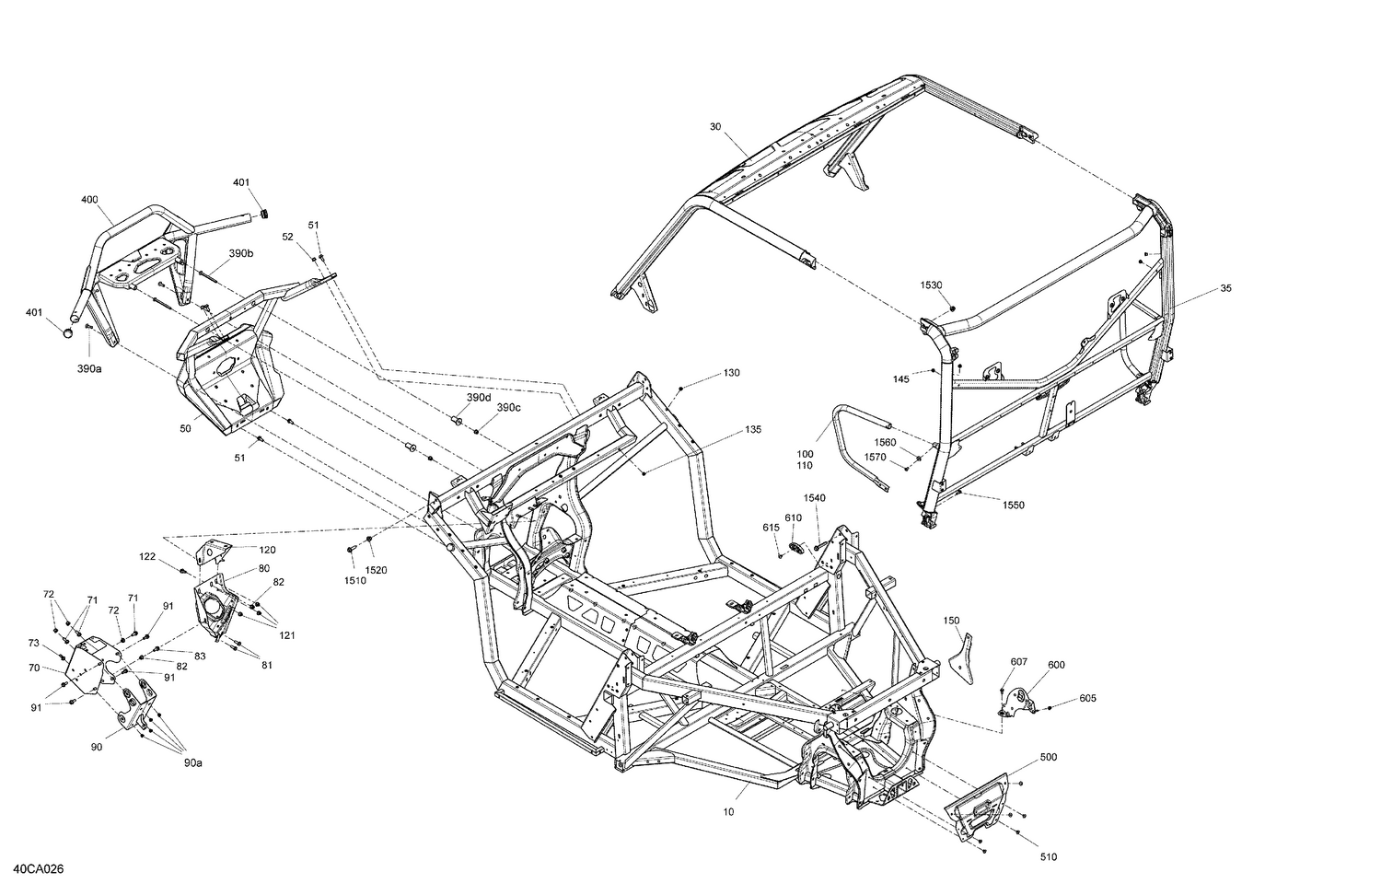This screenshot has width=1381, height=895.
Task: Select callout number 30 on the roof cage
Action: pos(715,127)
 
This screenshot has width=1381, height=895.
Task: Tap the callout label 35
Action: pos(1225,288)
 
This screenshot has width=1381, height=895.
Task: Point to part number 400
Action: pos(89,200)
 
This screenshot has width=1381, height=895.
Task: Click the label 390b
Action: pos(241,253)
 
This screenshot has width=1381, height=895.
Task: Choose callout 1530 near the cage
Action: pos(932,285)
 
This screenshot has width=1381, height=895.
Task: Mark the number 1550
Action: pos(1013,506)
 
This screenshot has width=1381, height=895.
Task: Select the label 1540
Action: pos(815,498)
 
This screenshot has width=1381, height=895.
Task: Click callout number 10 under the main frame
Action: pos(729,812)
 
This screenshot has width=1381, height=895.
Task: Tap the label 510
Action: pos(1049,857)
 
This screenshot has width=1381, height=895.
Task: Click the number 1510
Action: pos(354,580)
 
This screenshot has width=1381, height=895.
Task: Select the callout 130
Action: pos(731,373)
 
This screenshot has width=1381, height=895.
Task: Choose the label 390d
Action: pos(479,397)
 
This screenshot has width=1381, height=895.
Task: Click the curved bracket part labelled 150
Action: pos(962,657)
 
